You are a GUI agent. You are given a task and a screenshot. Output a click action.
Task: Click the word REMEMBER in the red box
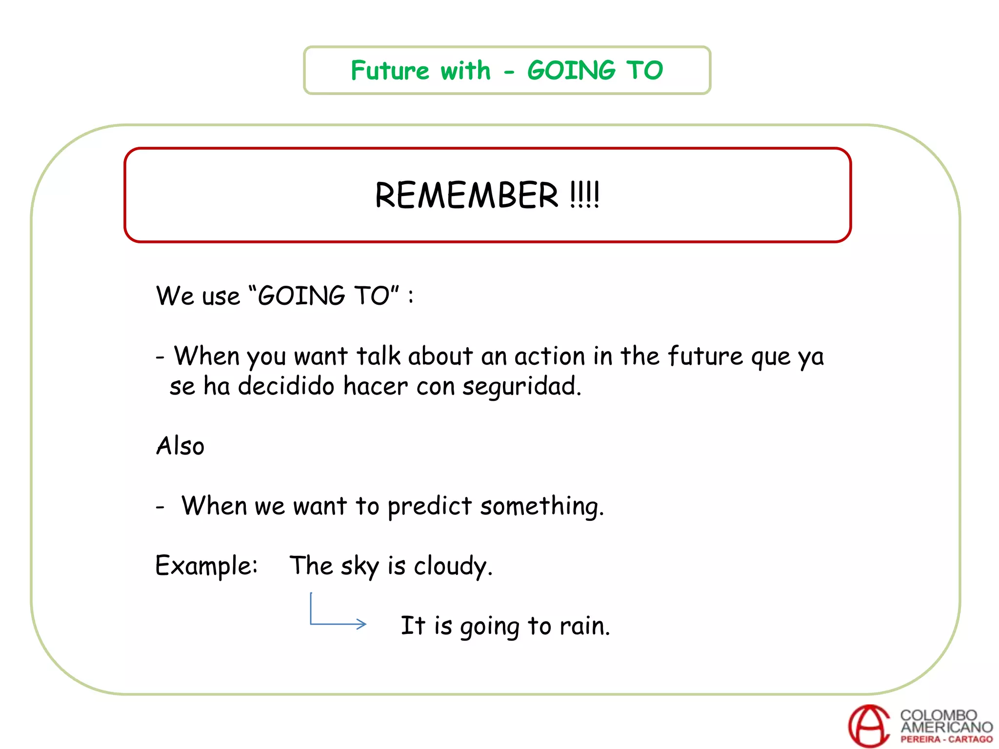(x=466, y=196)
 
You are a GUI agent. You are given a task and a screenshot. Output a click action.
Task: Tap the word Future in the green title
(x=390, y=71)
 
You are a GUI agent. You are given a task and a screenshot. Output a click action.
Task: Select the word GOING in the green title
(x=571, y=71)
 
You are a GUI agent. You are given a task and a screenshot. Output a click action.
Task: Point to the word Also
(x=180, y=446)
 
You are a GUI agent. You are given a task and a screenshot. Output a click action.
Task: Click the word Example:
(x=206, y=566)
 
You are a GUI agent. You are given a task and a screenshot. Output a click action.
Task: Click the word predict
(x=429, y=506)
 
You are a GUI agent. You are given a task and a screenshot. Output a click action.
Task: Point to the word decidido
(x=286, y=386)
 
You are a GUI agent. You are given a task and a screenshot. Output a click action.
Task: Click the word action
(x=549, y=356)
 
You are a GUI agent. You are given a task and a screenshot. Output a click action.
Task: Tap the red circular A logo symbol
(x=869, y=725)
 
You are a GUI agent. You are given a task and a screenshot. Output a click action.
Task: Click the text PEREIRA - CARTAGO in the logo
(x=946, y=739)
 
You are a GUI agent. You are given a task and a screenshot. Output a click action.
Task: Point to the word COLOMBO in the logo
(x=938, y=715)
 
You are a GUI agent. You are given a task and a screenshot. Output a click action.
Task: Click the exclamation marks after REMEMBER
(x=584, y=196)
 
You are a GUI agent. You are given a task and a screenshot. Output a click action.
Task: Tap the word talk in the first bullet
(x=378, y=356)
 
